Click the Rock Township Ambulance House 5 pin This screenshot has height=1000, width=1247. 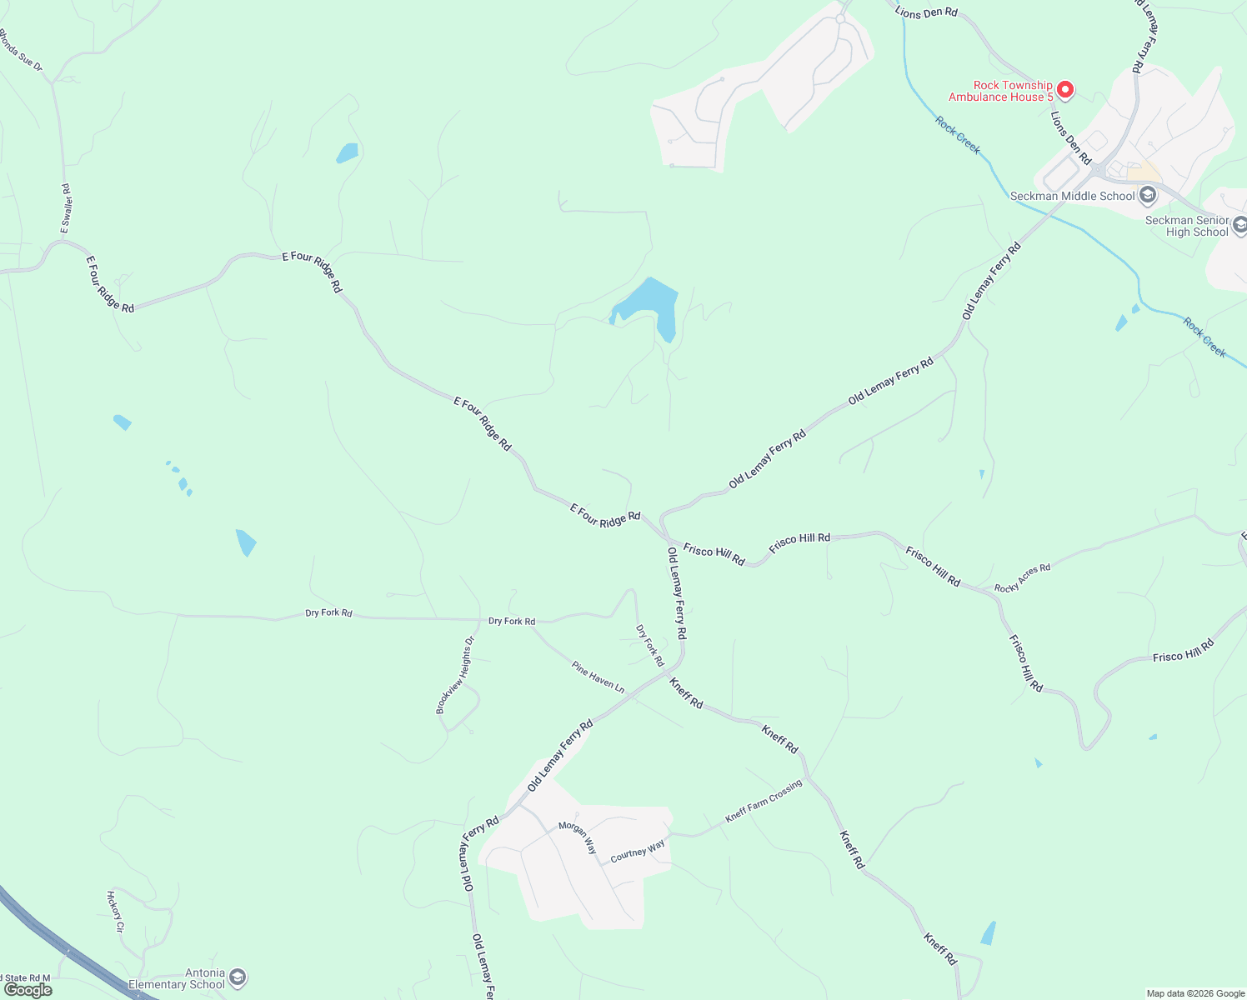1064,89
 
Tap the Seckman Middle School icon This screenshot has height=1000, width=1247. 1148,196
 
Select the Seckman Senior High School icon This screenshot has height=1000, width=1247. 1239,225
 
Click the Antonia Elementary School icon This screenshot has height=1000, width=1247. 238,977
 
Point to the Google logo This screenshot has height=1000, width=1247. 28,990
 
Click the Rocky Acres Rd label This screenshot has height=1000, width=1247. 1022,578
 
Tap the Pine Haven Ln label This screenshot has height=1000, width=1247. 598,677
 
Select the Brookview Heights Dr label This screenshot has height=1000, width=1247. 454,675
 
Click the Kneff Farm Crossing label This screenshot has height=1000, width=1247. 763,801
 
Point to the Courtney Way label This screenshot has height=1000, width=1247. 638,851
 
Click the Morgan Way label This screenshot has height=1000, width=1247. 578,837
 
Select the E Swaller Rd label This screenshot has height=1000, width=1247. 67,208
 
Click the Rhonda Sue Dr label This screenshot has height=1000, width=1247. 20,50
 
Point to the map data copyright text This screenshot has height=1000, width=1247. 1195,993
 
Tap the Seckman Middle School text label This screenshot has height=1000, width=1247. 1072,196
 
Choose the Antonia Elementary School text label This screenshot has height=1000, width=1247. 177,978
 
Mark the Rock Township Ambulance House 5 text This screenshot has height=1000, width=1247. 1000,91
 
